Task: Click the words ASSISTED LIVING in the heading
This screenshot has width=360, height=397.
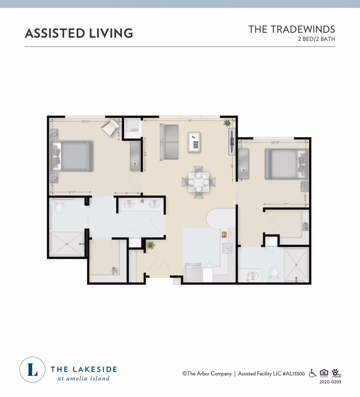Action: [79, 33]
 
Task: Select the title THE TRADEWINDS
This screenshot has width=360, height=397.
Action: [291, 29]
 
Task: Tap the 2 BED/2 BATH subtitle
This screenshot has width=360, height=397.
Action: [316, 39]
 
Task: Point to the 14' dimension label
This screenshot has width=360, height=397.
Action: [190, 121]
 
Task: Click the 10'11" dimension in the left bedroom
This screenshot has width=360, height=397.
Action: [86, 122]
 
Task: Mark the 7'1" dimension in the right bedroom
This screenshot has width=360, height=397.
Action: [286, 204]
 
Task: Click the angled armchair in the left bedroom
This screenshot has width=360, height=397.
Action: [110, 128]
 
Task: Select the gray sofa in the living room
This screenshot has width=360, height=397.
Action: [169, 142]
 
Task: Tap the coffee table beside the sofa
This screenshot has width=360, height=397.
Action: [194, 142]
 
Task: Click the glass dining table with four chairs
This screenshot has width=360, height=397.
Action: [199, 182]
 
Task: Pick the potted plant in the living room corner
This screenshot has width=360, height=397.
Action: [227, 122]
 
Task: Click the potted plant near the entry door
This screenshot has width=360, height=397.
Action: [151, 245]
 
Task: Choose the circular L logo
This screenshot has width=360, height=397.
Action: [32, 370]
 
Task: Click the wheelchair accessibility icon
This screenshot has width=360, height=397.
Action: [312, 373]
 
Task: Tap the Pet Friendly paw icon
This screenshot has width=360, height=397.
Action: [336, 373]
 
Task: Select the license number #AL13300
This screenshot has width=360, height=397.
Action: [293, 374]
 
